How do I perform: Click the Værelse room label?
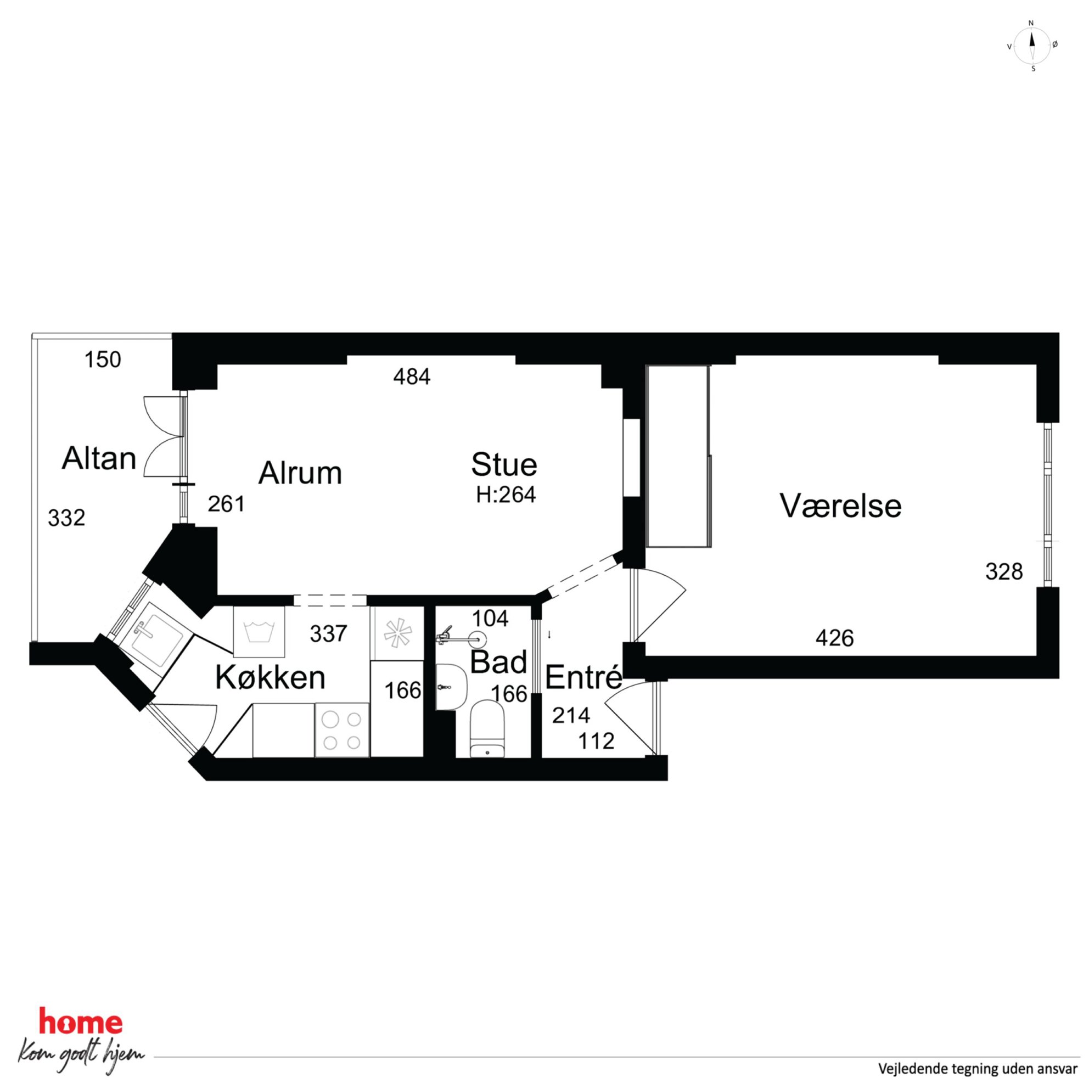tap(840, 505)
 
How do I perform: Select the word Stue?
tap(504, 464)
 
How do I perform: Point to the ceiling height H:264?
tap(506, 495)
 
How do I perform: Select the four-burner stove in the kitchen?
tap(341, 729)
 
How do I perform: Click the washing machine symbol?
tap(259, 631)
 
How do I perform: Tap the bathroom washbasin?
tap(452, 686)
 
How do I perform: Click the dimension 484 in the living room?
tap(412, 377)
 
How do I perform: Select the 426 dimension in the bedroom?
tap(834, 638)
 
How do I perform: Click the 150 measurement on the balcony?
tap(103, 360)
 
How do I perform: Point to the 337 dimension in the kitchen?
tap(328, 634)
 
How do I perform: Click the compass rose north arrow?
tap(1032, 46)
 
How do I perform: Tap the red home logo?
tap(81, 1022)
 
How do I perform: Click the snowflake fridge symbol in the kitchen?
tap(397, 632)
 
